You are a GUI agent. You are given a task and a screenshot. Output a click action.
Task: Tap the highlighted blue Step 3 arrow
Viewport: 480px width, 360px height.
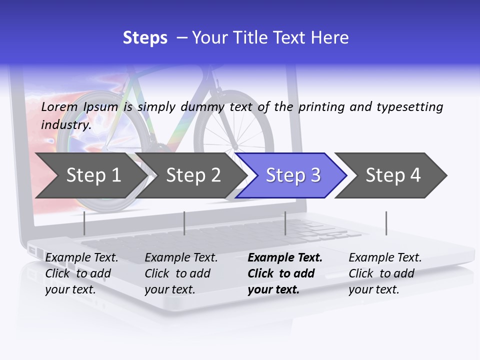pyautogui.click(x=293, y=175)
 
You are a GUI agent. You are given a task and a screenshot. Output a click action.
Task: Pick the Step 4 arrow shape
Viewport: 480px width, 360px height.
pyautogui.click(x=393, y=175)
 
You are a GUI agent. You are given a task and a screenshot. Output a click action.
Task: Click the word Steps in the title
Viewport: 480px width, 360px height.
pyautogui.click(x=145, y=38)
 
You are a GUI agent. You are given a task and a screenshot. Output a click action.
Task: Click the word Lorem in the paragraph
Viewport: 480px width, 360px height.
pyautogui.click(x=59, y=106)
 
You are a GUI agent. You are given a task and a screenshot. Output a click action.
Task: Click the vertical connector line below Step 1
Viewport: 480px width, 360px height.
pyautogui.click(x=84, y=223)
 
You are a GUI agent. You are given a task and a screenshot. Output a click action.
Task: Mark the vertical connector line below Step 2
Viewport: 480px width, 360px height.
pyautogui.click(x=184, y=223)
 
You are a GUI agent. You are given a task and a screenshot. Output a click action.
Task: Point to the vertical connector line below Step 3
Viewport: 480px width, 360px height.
pyautogui.click(x=285, y=223)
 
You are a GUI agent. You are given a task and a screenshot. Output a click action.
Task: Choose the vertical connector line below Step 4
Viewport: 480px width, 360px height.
pyautogui.click(x=386, y=223)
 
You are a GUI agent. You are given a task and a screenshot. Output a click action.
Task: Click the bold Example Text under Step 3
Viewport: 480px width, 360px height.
pyautogui.click(x=285, y=257)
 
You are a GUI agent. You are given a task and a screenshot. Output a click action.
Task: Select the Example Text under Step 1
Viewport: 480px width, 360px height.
pyautogui.click(x=81, y=257)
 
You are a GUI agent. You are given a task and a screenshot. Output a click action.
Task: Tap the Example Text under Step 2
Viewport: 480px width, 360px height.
pyautogui.click(x=181, y=257)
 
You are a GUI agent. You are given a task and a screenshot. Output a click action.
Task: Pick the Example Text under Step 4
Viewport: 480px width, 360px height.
pyautogui.click(x=385, y=257)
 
